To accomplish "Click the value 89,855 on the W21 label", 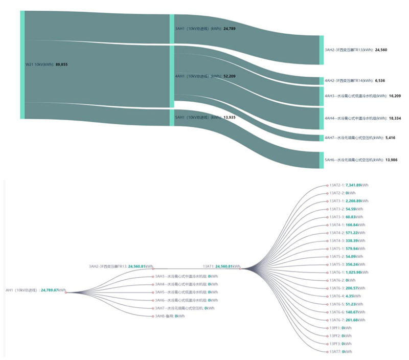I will point(61,65).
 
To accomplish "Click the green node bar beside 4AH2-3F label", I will point(321,81).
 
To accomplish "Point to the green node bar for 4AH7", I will point(321,138).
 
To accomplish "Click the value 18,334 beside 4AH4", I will point(395,118).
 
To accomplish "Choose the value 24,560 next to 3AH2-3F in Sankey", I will point(381,50).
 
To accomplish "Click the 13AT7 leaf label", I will point(335,352).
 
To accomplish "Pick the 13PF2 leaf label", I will point(335,336).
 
